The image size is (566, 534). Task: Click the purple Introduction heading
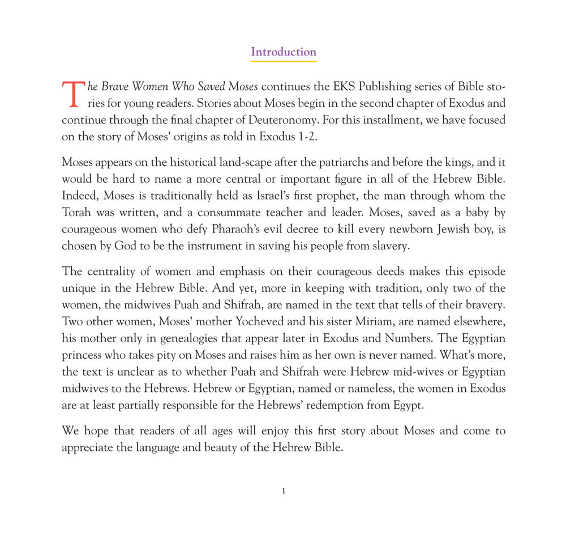point(284,51)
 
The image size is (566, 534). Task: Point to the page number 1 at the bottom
point(284,491)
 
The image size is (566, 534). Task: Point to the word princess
point(84,355)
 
